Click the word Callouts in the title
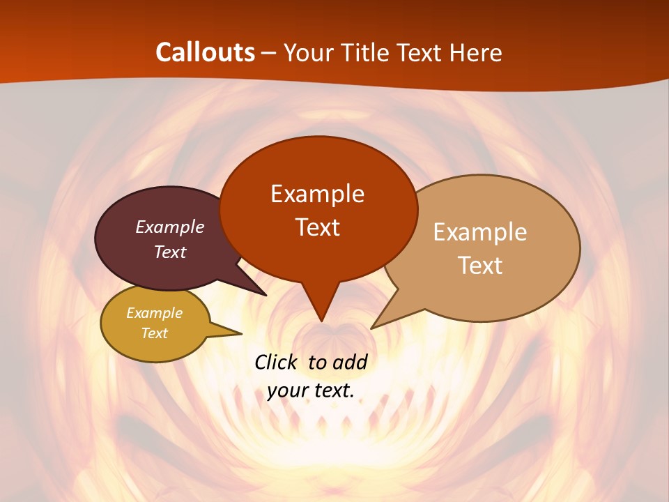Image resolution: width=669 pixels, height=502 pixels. (x=205, y=52)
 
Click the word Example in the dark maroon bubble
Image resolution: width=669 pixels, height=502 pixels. (x=170, y=227)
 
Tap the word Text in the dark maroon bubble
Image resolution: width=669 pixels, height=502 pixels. (x=170, y=252)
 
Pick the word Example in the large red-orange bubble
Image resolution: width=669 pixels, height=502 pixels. (x=317, y=193)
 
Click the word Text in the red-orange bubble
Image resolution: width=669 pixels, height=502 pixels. (x=317, y=227)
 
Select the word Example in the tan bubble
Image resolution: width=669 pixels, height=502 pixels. (x=480, y=231)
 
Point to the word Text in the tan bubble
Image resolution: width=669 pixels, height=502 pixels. (x=480, y=265)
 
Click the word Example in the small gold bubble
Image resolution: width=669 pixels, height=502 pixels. (x=154, y=313)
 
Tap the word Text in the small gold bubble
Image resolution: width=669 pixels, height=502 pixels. (x=154, y=333)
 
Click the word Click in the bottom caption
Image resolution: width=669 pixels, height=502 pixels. (x=277, y=362)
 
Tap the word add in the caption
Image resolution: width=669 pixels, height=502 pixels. (x=349, y=362)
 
